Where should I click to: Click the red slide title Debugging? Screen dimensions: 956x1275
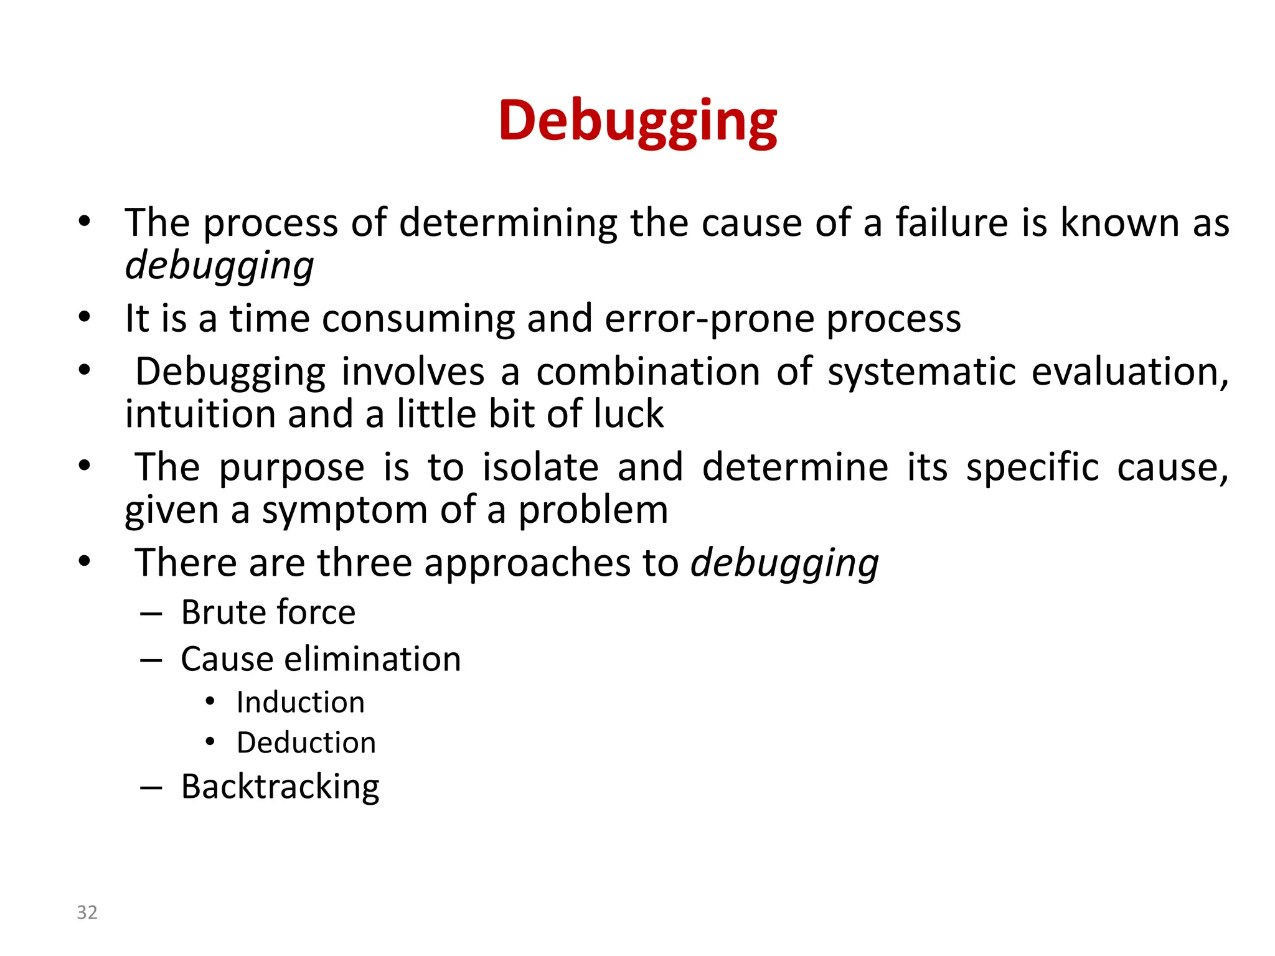click(x=637, y=121)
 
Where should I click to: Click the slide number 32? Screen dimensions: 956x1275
click(x=87, y=912)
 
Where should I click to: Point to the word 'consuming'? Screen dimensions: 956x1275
click(x=418, y=319)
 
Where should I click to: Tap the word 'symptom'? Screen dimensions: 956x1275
click(x=344, y=510)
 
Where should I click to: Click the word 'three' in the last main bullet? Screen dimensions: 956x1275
click(x=365, y=563)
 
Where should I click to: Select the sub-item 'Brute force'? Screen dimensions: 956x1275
click(x=268, y=612)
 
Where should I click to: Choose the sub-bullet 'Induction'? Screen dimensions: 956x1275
click(x=301, y=703)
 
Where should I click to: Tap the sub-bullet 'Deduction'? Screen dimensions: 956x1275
click(x=306, y=743)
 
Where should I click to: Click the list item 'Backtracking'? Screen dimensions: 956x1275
click(x=280, y=787)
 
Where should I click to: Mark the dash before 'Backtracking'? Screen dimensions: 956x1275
click(x=151, y=788)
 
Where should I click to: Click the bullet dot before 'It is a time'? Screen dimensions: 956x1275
click(x=85, y=317)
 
